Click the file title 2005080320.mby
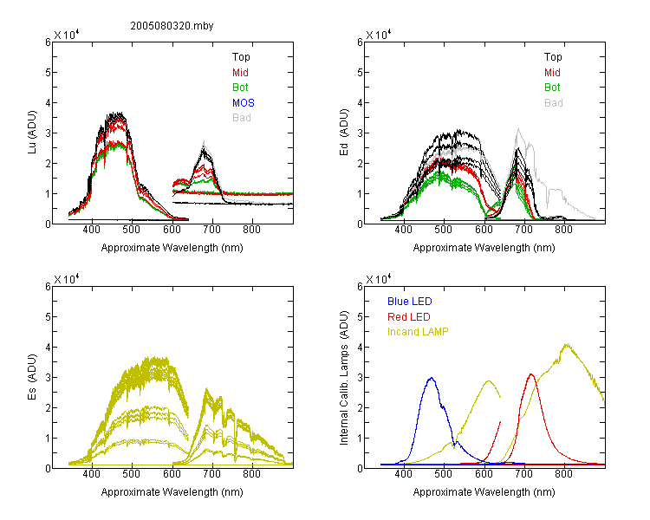click(172, 26)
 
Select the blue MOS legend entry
click(244, 103)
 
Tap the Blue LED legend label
click(410, 302)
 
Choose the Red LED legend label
click(409, 317)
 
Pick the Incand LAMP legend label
click(418, 332)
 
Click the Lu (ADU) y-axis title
click(32, 133)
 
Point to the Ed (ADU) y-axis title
click(344, 133)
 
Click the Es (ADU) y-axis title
click(32, 377)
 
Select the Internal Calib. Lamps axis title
click(344, 378)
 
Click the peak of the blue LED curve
click(432, 378)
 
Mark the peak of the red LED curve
click(531, 374)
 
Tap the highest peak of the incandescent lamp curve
click(567, 344)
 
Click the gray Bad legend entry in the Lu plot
click(242, 118)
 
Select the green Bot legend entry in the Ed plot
click(552, 88)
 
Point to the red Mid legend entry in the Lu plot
click(240, 73)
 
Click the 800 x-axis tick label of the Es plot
click(251, 474)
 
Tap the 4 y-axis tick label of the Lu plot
click(48, 102)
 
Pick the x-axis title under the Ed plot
click(484, 248)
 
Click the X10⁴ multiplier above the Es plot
click(67, 279)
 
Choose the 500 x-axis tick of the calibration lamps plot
click(444, 474)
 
